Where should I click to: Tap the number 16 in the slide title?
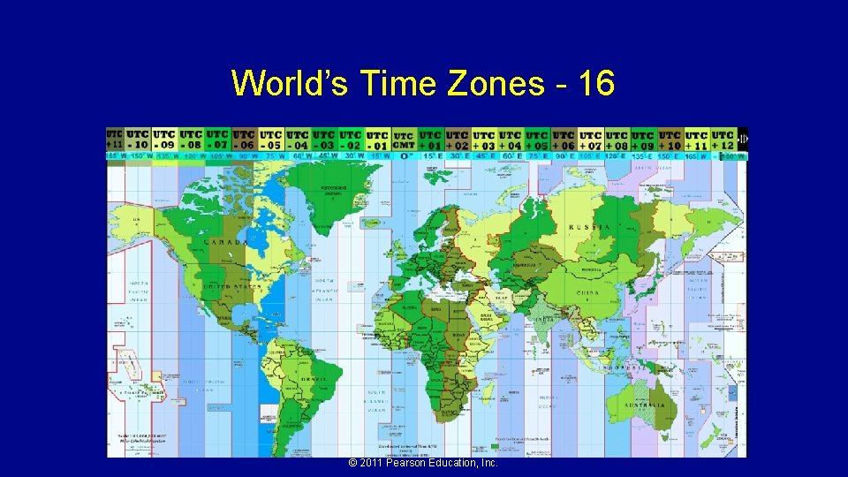pos(595,84)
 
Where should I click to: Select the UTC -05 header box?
pos(271,140)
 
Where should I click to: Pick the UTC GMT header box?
pos(404,140)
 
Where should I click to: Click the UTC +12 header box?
pos(723,140)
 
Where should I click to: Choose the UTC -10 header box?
pos(138,140)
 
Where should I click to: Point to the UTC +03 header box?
pos(484,140)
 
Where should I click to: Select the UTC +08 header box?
pos(617,140)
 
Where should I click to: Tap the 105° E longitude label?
pos(590,156)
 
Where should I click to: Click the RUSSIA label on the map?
pos(589,227)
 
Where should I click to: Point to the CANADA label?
pos(226,241)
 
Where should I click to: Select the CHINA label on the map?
pos(587,293)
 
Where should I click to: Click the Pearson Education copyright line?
pos(424,463)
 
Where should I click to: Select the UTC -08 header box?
pos(191,140)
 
